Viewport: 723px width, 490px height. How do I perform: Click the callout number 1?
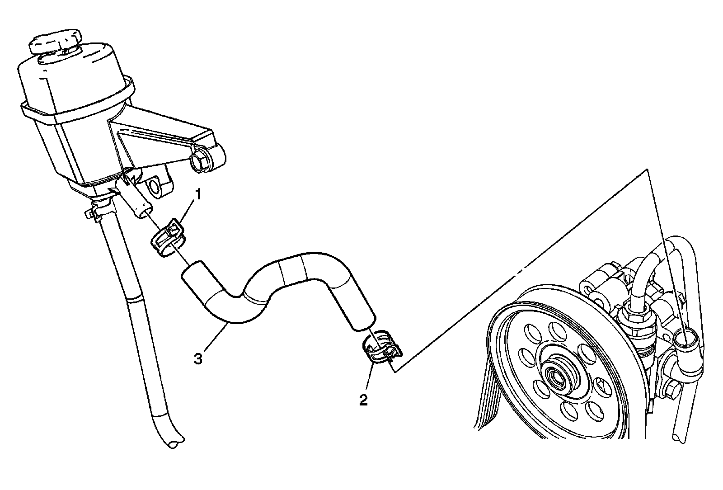(198, 195)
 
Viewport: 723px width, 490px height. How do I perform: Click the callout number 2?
(363, 400)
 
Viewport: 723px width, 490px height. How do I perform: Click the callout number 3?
(197, 359)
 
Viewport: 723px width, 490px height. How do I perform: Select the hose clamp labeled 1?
(168, 237)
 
